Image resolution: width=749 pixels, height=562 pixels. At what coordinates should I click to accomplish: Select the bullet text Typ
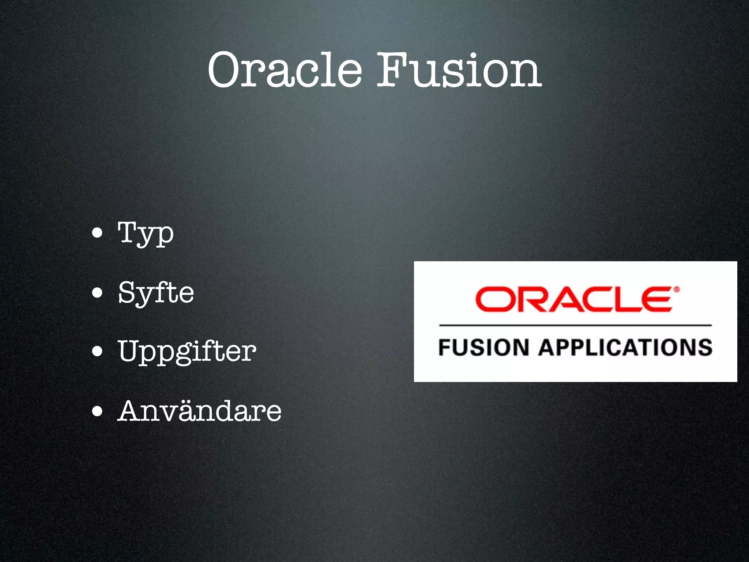146,233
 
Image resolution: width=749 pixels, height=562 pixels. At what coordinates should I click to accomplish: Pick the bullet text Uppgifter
187,351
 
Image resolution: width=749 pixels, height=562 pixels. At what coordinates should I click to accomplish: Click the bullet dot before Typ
97,233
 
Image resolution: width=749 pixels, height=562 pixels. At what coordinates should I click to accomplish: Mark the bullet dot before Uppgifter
97,352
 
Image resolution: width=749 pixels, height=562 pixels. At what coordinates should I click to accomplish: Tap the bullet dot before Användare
97,411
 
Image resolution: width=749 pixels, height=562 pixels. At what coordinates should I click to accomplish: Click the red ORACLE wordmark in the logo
574,299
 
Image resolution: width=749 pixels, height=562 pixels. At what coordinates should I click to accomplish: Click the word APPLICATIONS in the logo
625,348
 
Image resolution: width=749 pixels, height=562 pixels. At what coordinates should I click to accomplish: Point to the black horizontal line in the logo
575,325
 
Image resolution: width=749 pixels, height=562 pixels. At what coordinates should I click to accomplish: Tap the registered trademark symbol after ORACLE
676,290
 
